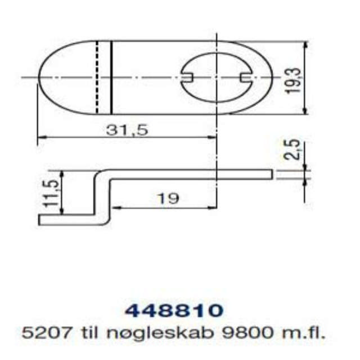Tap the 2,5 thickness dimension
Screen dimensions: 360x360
[291, 150]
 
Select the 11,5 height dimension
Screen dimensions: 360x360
[51, 193]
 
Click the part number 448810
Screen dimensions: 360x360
[173, 310]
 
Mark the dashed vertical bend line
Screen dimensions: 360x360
[97, 77]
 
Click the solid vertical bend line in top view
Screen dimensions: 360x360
[111, 77]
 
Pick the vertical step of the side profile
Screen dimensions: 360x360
[101, 197]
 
